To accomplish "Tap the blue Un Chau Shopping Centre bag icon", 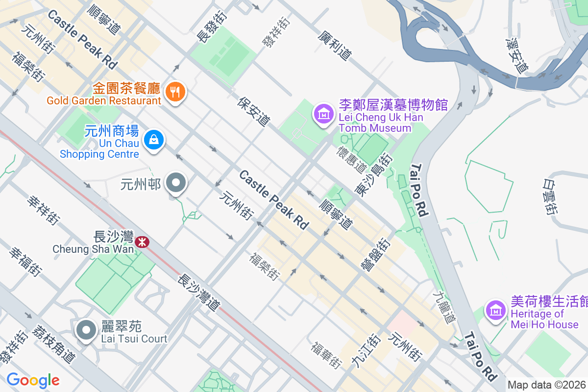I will click(154, 140).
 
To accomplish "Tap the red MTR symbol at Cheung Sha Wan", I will click(143, 242).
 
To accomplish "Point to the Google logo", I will click(33, 380).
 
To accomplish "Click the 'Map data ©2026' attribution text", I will click(546, 385).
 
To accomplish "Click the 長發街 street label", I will click(206, 27).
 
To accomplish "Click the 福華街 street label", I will click(326, 355).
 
